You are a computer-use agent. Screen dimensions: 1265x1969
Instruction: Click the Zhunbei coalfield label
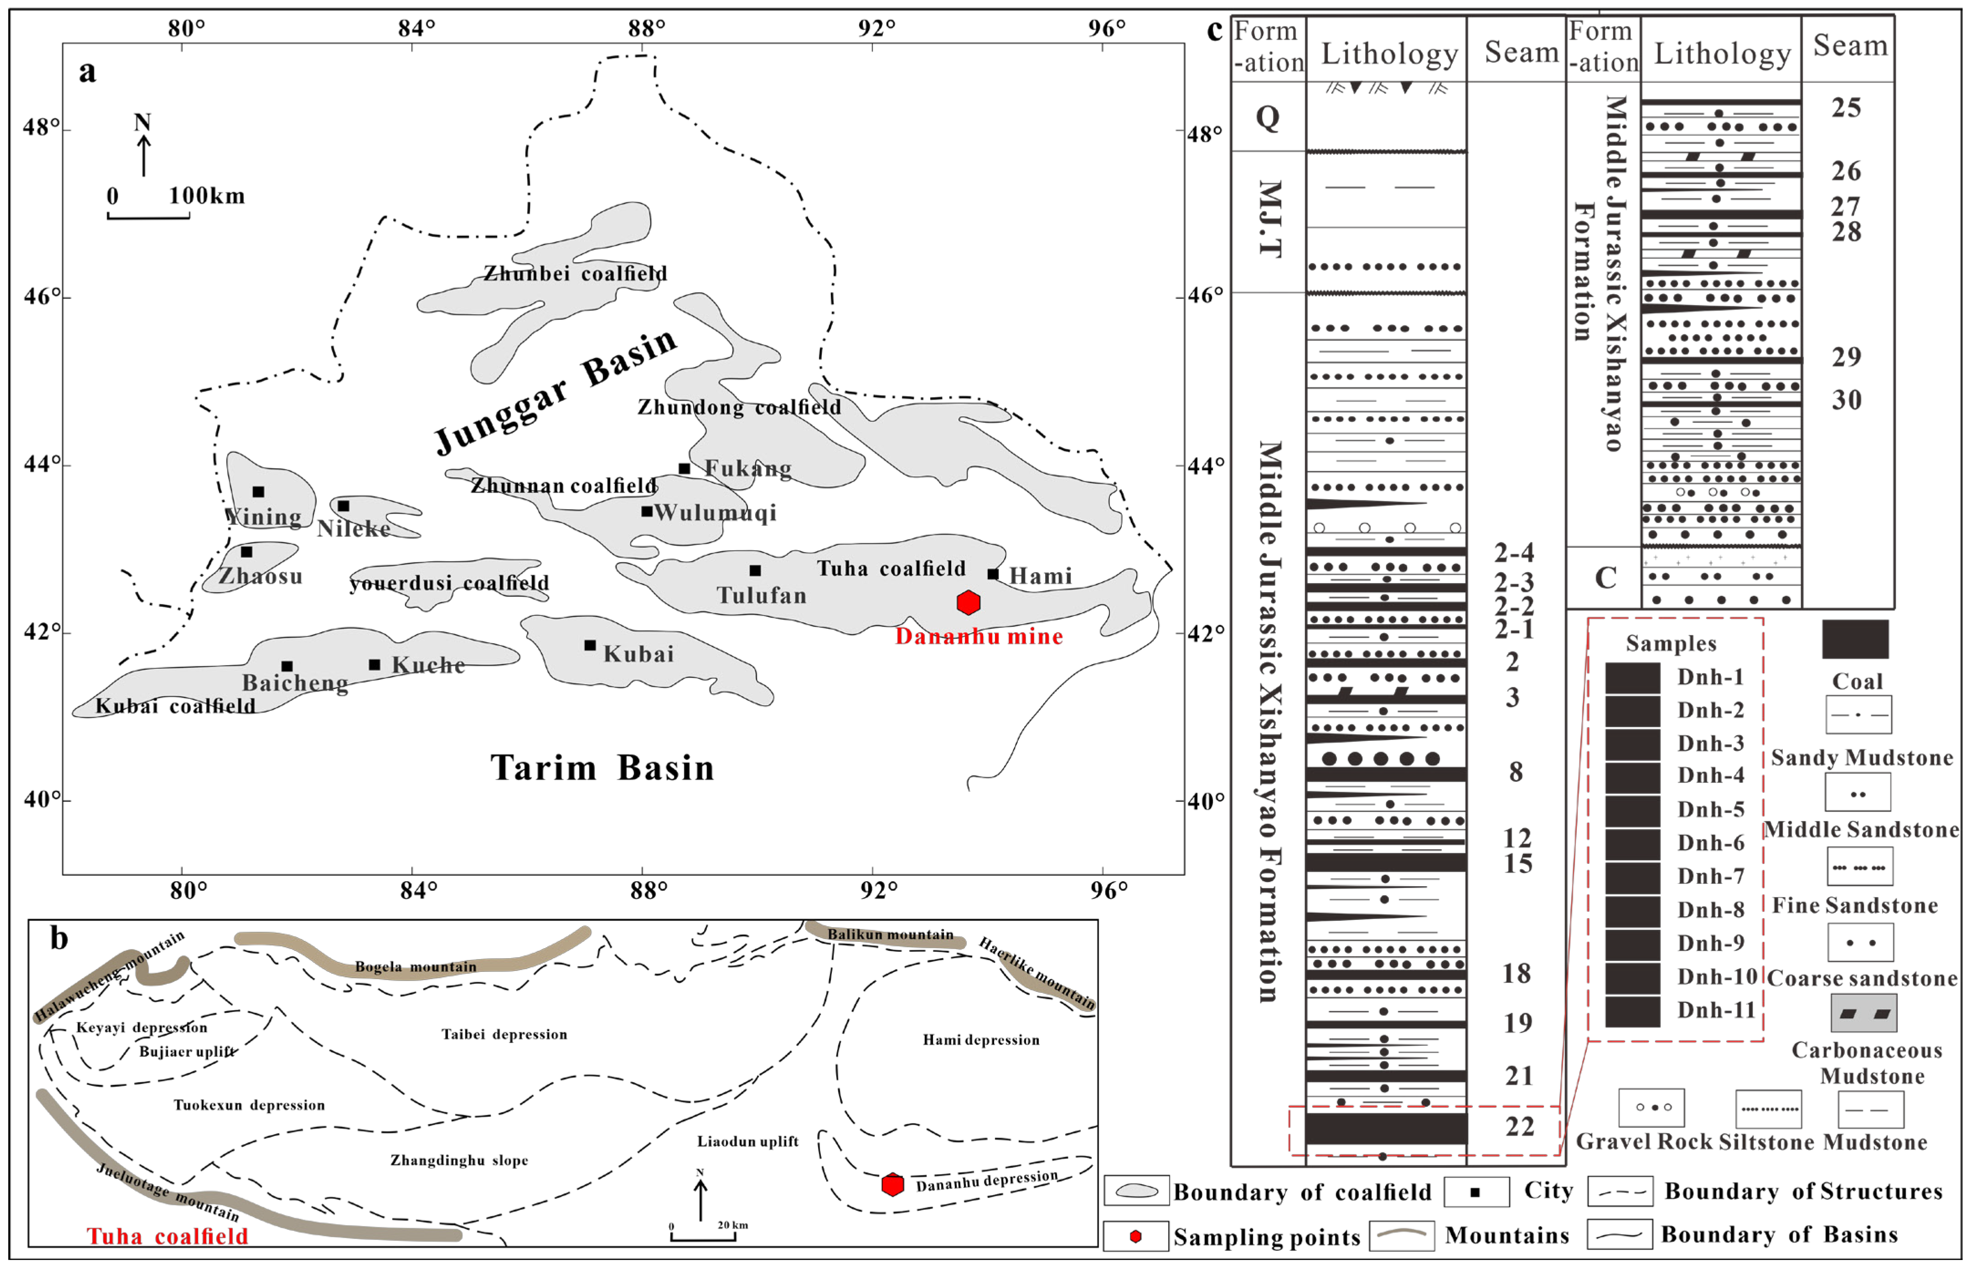[x=575, y=274]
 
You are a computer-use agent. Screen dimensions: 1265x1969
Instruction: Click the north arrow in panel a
[x=143, y=148]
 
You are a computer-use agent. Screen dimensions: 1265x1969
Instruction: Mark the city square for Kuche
[x=374, y=665]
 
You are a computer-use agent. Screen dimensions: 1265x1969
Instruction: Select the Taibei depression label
[x=504, y=1034]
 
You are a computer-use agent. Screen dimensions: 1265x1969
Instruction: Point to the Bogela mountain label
[x=416, y=967]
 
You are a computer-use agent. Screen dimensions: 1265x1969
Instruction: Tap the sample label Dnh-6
[x=1710, y=843]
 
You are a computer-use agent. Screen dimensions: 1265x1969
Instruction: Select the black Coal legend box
[x=1855, y=639]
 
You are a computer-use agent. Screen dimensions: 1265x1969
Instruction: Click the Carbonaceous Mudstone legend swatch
[x=1864, y=1013]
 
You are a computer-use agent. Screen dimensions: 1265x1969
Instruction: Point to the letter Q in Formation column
[x=1268, y=118]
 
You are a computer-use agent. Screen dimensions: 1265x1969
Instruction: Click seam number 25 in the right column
[x=1846, y=108]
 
